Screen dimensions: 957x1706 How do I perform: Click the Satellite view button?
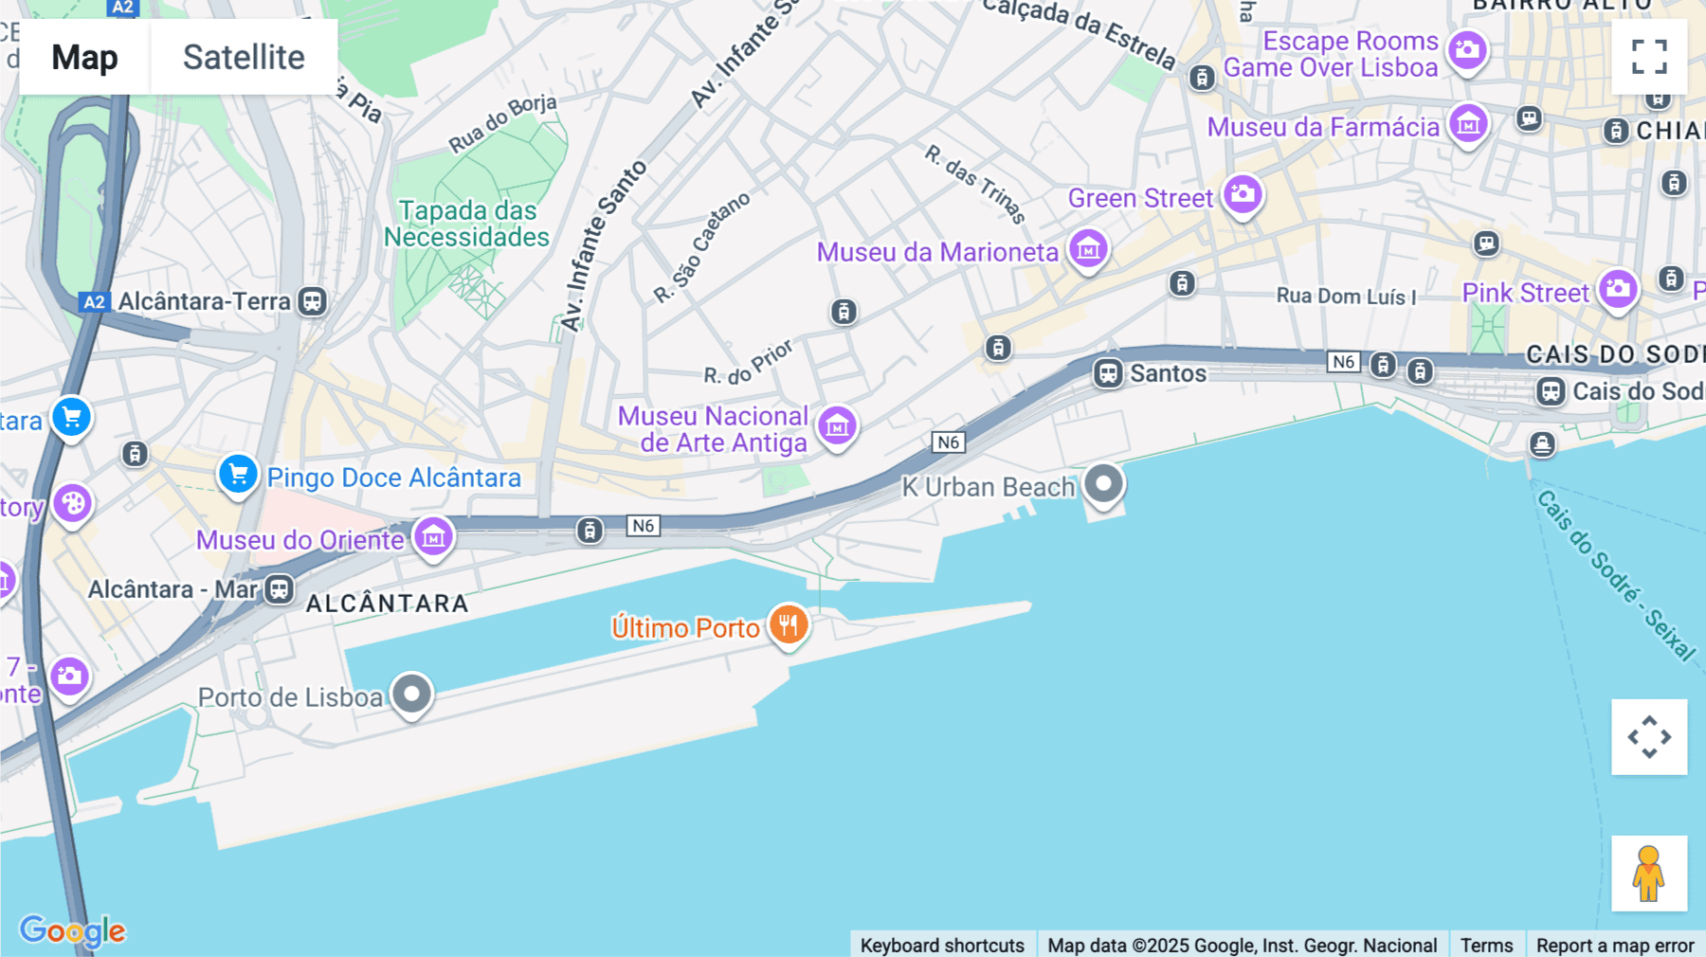tap(244, 57)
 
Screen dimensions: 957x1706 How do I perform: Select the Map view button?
tap(84, 57)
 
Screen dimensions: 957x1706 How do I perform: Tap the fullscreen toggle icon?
tap(1649, 57)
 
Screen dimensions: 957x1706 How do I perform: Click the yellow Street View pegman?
tap(1649, 873)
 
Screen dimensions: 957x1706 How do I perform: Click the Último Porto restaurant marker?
tap(788, 624)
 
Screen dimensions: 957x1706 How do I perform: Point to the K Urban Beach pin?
tap(1103, 484)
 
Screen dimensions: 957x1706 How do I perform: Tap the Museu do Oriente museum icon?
tap(433, 537)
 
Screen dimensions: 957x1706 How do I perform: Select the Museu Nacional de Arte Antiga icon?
tap(837, 426)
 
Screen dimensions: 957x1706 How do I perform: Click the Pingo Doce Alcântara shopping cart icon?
tap(238, 474)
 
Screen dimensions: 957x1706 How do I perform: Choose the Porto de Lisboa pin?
tap(411, 695)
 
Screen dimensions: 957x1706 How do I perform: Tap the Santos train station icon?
tap(1108, 372)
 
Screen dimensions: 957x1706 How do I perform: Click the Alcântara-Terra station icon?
tap(312, 301)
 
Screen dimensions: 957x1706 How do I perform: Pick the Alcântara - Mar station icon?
tap(279, 589)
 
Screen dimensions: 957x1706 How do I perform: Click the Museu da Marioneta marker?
tap(1088, 249)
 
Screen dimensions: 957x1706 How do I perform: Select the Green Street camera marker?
tap(1243, 195)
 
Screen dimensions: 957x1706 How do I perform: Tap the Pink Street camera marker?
tap(1618, 289)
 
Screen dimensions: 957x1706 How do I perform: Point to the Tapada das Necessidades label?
tap(467, 224)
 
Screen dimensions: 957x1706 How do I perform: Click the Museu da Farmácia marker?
tap(1468, 123)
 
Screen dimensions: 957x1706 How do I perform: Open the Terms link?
tap(1486, 945)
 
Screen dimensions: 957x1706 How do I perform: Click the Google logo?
tap(72, 930)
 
